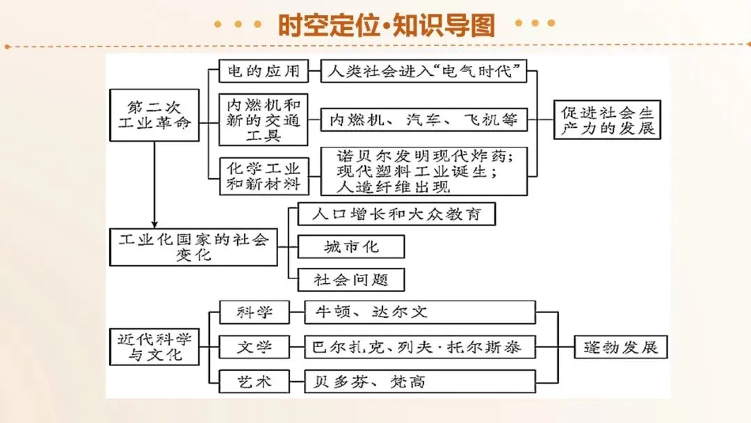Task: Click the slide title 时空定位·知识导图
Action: [x=386, y=25]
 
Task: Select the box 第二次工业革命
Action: [x=154, y=115]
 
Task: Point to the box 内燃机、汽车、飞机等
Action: [x=424, y=119]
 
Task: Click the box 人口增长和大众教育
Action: [x=396, y=214]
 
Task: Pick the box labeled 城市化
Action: [x=351, y=247]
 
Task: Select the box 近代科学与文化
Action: [x=154, y=346]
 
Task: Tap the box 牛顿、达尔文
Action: [x=420, y=313]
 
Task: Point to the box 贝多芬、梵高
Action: [x=420, y=381]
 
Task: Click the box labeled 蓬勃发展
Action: [x=621, y=346]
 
